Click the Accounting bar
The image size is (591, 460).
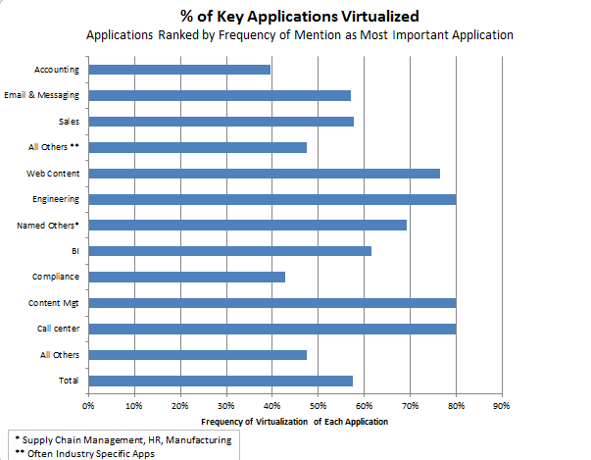[x=179, y=70]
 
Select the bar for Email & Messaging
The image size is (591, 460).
[x=220, y=95]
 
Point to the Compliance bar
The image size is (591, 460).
[x=186, y=277]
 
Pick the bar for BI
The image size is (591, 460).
[x=229, y=251]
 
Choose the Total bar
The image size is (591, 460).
[x=221, y=381]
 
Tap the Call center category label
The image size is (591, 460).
[x=58, y=329]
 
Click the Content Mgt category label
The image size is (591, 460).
[x=56, y=303]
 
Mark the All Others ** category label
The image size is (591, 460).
[x=54, y=147]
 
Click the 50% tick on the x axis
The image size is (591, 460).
[x=318, y=404]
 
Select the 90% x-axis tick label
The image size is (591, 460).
[x=502, y=404]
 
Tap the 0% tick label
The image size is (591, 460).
[x=88, y=404]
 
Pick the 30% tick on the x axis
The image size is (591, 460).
[x=225, y=404]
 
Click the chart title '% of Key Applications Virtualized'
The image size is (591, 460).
[x=295, y=16]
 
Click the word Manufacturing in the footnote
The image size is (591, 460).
[x=200, y=439]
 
